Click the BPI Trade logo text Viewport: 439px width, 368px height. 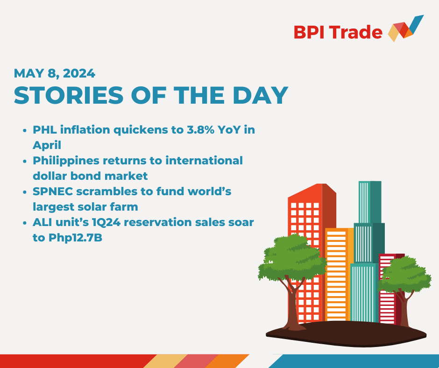coord(338,32)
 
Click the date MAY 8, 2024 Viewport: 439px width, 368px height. coord(55,73)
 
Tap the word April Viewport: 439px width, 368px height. coord(47,145)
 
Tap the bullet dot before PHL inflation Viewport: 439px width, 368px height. coord(24,130)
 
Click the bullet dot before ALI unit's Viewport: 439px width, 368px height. coord(24,223)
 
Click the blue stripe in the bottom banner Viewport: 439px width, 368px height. coord(355,361)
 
